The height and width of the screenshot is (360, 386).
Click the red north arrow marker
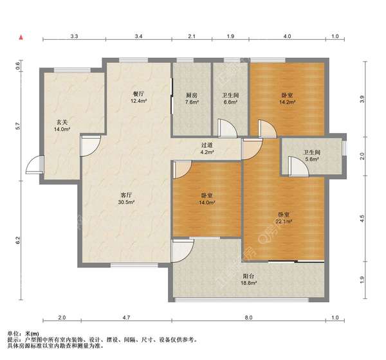point(21,37)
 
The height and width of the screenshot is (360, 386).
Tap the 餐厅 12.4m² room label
point(138,97)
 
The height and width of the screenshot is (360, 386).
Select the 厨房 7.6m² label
point(192,98)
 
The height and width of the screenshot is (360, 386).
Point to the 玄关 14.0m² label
point(62,125)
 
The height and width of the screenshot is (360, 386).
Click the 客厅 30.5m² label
point(126,199)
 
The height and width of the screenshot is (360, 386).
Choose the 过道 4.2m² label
point(207,148)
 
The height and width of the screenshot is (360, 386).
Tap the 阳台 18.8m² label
point(248,280)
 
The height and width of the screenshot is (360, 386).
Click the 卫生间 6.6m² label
point(230,98)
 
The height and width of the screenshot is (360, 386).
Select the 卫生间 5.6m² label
point(312,156)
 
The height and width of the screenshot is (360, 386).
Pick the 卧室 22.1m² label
point(284,218)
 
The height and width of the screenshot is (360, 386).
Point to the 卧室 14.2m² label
point(287,98)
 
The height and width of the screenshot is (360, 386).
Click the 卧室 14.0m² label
point(207,199)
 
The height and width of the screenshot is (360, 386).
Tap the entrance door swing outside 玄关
point(35,165)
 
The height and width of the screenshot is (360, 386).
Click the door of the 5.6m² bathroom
point(299,166)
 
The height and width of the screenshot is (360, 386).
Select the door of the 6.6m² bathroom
point(227,127)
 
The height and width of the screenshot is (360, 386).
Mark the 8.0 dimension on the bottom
point(248,318)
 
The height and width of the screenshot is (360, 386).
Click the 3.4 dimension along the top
point(138,37)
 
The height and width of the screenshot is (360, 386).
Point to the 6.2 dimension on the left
point(18,240)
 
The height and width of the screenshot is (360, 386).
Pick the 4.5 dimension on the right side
point(362,218)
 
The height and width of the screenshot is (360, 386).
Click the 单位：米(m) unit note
point(23,334)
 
